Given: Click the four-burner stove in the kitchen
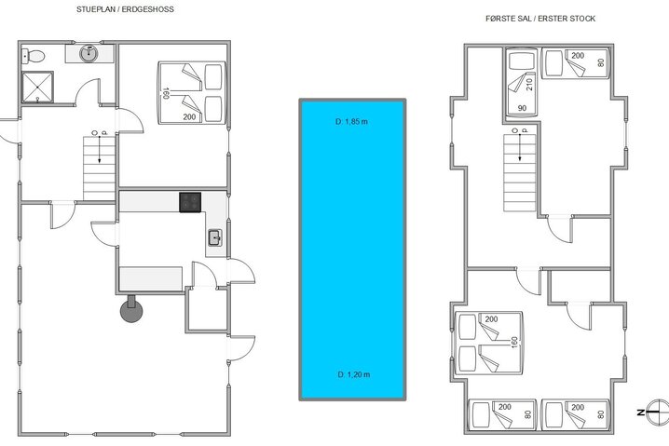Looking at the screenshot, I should tap(191, 201).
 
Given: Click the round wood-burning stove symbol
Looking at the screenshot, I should tap(130, 311).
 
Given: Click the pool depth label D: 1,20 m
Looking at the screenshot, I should tap(352, 374).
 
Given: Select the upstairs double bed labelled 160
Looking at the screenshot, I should tap(489, 342).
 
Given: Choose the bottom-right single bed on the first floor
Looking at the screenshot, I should tap(573, 411).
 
